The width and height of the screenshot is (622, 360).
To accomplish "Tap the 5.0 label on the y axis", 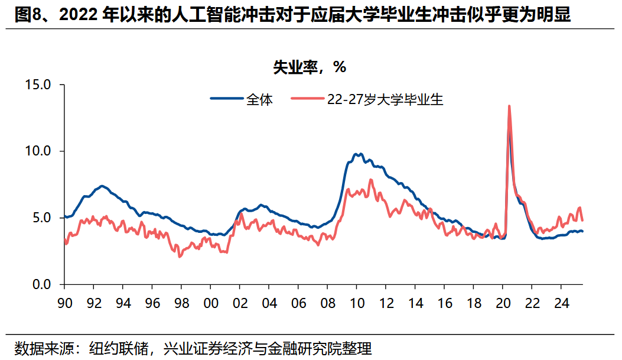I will [x=43, y=218].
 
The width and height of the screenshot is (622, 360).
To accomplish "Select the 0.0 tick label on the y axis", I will [x=43, y=285].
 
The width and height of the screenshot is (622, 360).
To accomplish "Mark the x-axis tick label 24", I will [x=561, y=303].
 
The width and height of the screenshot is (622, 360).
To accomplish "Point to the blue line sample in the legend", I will [x=226, y=99].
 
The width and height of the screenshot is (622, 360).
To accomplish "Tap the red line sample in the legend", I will [x=308, y=99].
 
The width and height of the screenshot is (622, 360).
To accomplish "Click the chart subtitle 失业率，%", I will [x=309, y=67].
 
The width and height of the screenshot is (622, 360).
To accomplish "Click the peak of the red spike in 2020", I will [x=509, y=106].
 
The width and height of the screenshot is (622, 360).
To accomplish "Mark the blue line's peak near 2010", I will [x=357, y=154].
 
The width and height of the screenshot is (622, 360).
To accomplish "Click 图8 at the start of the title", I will [x=27, y=15].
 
